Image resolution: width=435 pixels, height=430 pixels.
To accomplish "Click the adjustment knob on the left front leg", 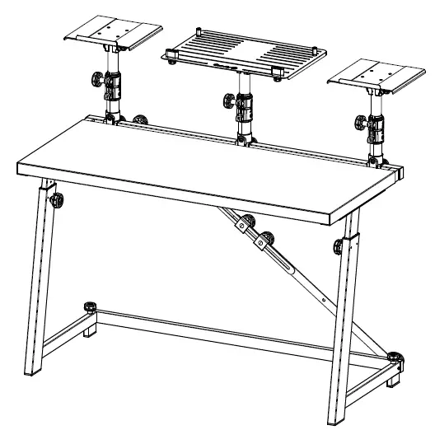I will point(58,200).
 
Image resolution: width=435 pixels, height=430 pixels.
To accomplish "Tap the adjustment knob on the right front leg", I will point(339,246).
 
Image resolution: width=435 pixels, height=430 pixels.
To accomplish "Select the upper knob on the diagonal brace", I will point(240,222).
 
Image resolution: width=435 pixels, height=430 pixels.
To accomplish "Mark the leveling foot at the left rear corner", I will point(90,309).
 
